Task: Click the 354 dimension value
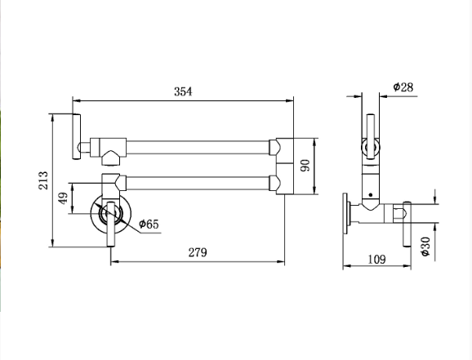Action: (x=183, y=91)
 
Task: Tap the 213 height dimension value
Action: (x=43, y=180)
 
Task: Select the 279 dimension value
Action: (x=198, y=252)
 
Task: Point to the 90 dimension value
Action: (x=305, y=166)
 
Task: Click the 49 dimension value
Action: (x=63, y=198)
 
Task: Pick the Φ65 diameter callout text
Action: (x=149, y=224)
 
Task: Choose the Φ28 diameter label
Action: (x=403, y=87)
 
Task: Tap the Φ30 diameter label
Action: (x=425, y=247)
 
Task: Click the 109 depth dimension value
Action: (x=376, y=259)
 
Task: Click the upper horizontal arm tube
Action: (x=198, y=147)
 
